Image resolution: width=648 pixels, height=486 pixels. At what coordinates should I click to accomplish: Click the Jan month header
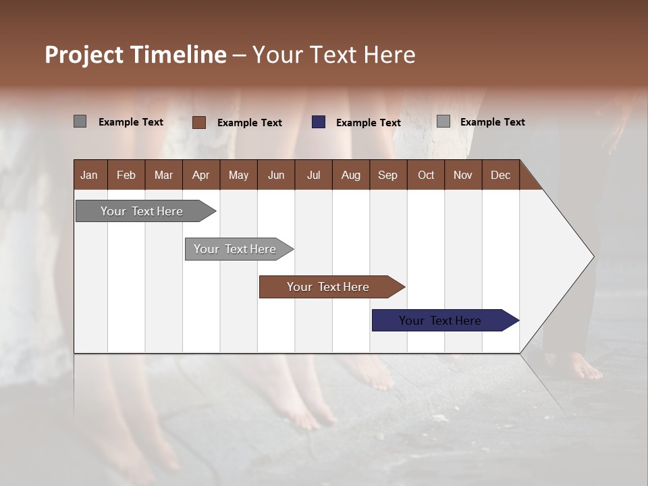[89, 175]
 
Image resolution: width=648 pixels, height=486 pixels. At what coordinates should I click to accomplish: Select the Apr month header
[200, 175]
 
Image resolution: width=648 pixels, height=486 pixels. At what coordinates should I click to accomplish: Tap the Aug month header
[350, 175]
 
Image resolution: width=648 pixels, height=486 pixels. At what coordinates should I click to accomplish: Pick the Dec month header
[500, 175]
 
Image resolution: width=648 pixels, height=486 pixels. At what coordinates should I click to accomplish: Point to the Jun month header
[275, 175]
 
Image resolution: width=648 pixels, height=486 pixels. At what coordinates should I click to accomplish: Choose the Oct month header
[425, 175]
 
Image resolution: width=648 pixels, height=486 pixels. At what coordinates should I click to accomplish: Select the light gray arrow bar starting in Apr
[236, 249]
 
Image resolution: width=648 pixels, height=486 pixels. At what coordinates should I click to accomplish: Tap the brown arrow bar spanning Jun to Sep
[329, 287]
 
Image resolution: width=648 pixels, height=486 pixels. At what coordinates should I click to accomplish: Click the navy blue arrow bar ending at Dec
[442, 321]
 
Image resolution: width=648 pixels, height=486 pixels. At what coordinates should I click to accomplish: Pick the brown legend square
[198, 122]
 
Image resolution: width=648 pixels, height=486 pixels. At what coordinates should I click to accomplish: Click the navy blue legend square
[318, 122]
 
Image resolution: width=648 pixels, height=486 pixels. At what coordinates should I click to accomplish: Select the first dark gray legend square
[80, 122]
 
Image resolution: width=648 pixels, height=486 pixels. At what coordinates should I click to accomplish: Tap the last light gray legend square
[443, 122]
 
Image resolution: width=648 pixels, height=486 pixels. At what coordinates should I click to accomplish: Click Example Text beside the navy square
[368, 123]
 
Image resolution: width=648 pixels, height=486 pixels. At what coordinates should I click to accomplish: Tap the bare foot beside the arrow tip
[581, 368]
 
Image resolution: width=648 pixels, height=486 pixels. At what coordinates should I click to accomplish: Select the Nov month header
[462, 175]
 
